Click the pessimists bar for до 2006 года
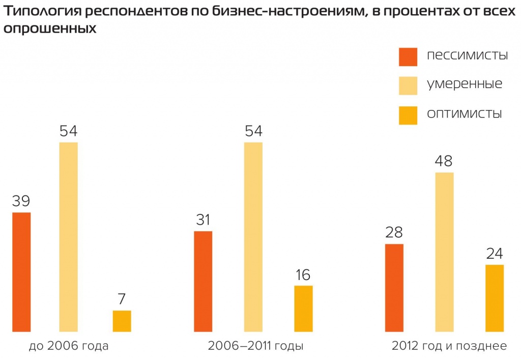(21, 272)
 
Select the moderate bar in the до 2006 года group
(69, 237)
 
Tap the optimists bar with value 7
(122, 321)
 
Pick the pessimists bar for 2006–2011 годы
(203, 281)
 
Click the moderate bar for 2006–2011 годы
(253, 237)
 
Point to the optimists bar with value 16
(303, 309)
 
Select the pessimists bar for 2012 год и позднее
(394, 288)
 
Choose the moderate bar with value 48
(444, 252)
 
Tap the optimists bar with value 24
(494, 298)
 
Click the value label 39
(21, 201)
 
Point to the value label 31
(202, 220)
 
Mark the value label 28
(394, 233)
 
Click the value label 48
(444, 161)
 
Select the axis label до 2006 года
(69, 346)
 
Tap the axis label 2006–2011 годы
(255, 346)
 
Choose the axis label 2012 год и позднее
(449, 346)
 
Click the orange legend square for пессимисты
(408, 57)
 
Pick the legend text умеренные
(465, 85)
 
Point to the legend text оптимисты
(465, 114)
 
